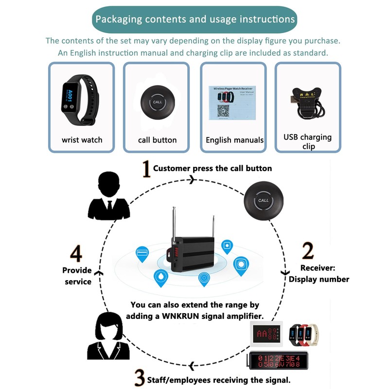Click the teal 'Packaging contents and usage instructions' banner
point(194,19)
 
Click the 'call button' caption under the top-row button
point(157,140)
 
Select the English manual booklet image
point(232,102)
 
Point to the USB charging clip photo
point(307,101)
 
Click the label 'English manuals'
point(234,140)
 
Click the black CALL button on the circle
point(263,200)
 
